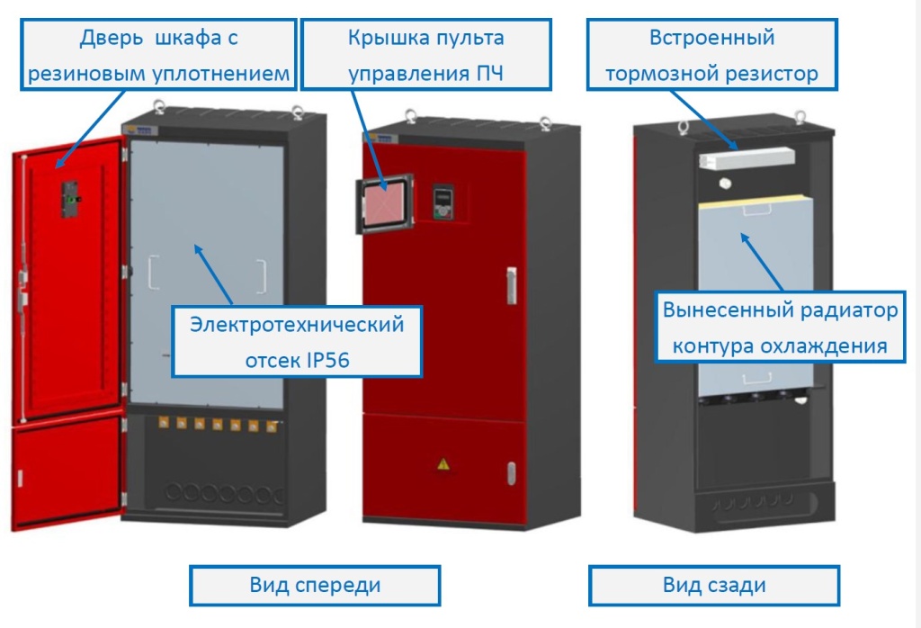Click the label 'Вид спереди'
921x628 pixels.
(315, 585)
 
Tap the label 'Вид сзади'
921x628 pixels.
(714, 585)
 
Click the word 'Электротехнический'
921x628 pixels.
(297, 325)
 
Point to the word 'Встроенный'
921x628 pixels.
(712, 38)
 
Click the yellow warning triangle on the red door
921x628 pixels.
(443, 463)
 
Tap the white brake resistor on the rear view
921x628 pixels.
(747, 159)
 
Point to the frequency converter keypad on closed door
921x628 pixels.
(443, 202)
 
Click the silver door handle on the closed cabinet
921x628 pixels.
(512, 285)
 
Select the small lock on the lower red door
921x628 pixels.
(512, 473)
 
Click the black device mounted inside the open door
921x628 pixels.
(70, 199)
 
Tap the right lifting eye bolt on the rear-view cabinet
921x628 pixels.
(800, 117)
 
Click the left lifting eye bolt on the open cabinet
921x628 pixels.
(158, 107)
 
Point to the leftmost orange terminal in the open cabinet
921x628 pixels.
(164, 422)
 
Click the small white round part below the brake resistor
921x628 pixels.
(725, 183)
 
